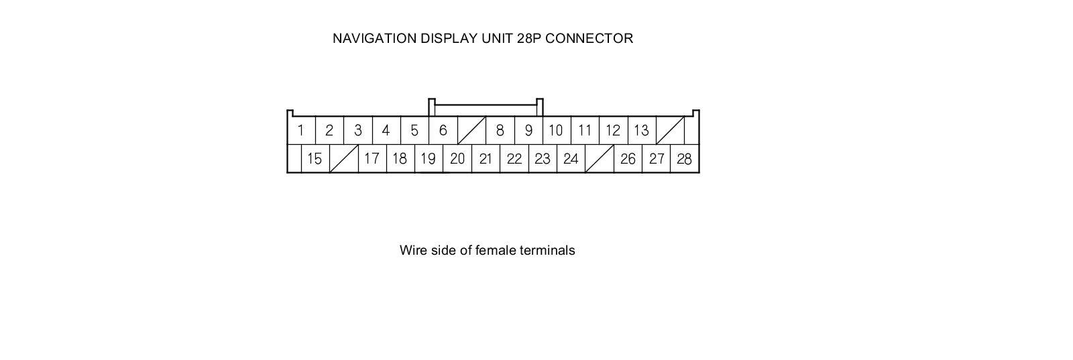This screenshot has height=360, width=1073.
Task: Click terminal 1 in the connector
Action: (301, 130)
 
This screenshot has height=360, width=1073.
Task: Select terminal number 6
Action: (443, 130)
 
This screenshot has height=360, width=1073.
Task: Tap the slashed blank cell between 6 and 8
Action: (471, 130)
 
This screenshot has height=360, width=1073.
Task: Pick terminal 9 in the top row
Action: (528, 130)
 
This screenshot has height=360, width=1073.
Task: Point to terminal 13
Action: (641, 130)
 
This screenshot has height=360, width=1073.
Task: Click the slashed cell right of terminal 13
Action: (670, 130)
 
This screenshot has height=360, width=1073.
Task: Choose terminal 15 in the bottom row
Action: (315, 159)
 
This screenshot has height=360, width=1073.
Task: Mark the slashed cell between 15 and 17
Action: (343, 159)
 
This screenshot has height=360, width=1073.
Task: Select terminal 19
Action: (428, 159)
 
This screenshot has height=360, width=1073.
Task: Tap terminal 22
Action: (514, 159)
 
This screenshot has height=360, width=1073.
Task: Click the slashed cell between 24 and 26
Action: (599, 159)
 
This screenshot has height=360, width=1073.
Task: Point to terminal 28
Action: (684, 159)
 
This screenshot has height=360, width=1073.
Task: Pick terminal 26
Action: (628, 159)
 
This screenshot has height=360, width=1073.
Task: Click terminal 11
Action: (585, 130)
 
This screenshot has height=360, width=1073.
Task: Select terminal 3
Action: (358, 130)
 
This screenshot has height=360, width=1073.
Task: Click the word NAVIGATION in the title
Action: (374, 38)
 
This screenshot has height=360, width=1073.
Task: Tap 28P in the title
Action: (529, 38)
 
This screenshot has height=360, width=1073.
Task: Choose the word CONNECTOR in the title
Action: (589, 38)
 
